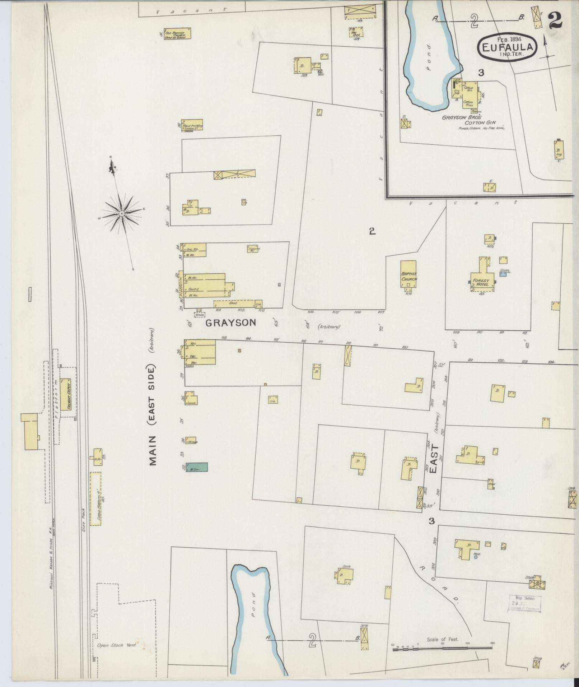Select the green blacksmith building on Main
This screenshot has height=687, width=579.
pos(197,466)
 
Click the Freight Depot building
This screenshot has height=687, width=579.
pos(65,394)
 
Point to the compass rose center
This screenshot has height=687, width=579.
pos(122,214)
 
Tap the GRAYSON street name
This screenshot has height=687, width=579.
pos(231,323)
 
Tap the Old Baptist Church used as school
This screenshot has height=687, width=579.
pos(177,33)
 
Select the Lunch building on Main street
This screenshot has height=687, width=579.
pos(191,400)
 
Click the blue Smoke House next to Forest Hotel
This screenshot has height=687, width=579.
pos(503,274)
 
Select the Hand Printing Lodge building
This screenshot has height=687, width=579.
pos(192,125)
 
